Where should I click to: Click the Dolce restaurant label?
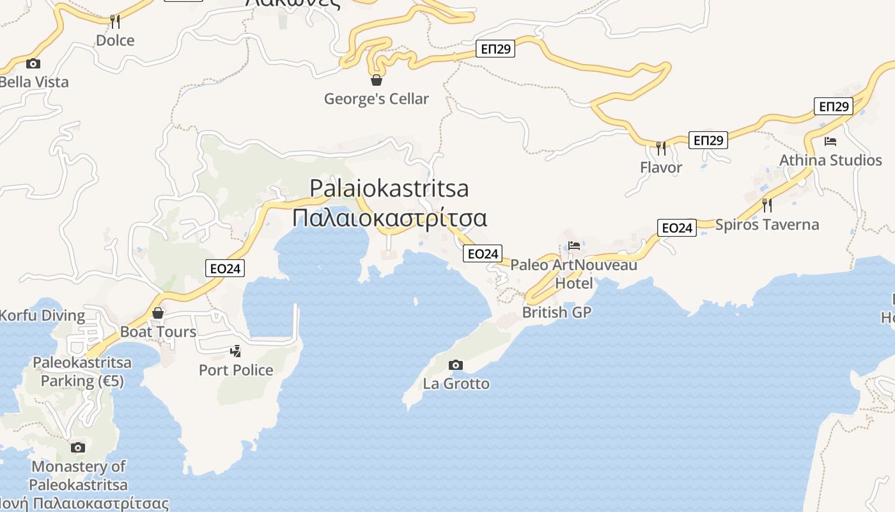pyautogui.click(x=115, y=40)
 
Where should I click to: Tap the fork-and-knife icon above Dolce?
pyautogui.click(x=115, y=22)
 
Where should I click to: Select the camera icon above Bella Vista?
pyautogui.click(x=33, y=63)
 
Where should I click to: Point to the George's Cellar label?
pyautogui.click(x=376, y=99)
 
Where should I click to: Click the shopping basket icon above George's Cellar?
pyautogui.click(x=377, y=80)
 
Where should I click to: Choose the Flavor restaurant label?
pyautogui.click(x=661, y=167)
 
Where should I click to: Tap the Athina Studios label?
pyautogui.click(x=830, y=160)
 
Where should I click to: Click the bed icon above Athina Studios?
pyautogui.click(x=830, y=141)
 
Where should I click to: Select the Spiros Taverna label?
pyautogui.click(x=767, y=225)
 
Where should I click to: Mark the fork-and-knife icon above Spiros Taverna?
pyautogui.click(x=767, y=205)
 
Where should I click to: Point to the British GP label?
pyautogui.click(x=556, y=312)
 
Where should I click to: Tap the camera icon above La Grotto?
pyautogui.click(x=456, y=365)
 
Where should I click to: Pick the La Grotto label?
pyautogui.click(x=456, y=383)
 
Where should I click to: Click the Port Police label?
pyautogui.click(x=236, y=370)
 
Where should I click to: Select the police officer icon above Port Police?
pyautogui.click(x=236, y=351)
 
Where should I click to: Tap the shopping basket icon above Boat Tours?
pyautogui.click(x=158, y=314)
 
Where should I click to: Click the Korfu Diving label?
pyautogui.click(x=42, y=316)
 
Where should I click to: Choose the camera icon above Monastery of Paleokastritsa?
pyautogui.click(x=78, y=447)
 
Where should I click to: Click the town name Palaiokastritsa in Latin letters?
pyautogui.click(x=389, y=188)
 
